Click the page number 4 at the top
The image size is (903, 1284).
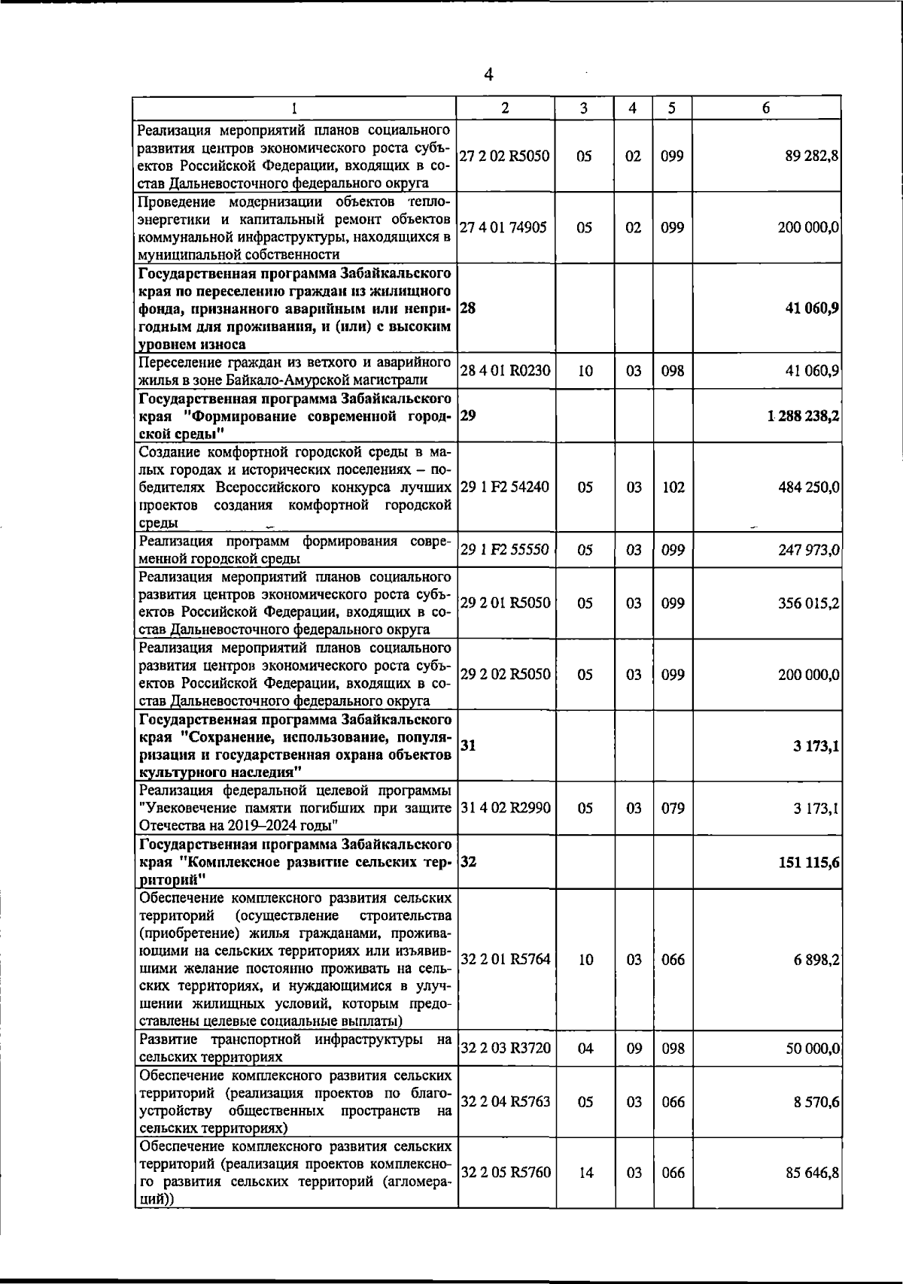click(489, 74)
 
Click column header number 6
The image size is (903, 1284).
click(765, 108)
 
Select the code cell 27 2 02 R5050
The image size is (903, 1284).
click(505, 156)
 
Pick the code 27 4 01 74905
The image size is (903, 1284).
click(503, 227)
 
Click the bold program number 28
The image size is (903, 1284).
click(467, 308)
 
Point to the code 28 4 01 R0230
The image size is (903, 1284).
click(505, 370)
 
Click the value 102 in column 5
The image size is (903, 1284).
click(673, 487)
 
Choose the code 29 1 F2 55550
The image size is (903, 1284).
click(505, 550)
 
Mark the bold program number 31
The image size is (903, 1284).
click(467, 745)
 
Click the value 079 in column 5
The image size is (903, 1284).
click(673, 808)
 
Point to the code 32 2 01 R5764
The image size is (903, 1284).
click(505, 959)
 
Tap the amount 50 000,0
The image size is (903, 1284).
click(813, 1048)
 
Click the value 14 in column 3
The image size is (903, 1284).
click(585, 1172)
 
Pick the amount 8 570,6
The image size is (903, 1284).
click(817, 1101)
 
